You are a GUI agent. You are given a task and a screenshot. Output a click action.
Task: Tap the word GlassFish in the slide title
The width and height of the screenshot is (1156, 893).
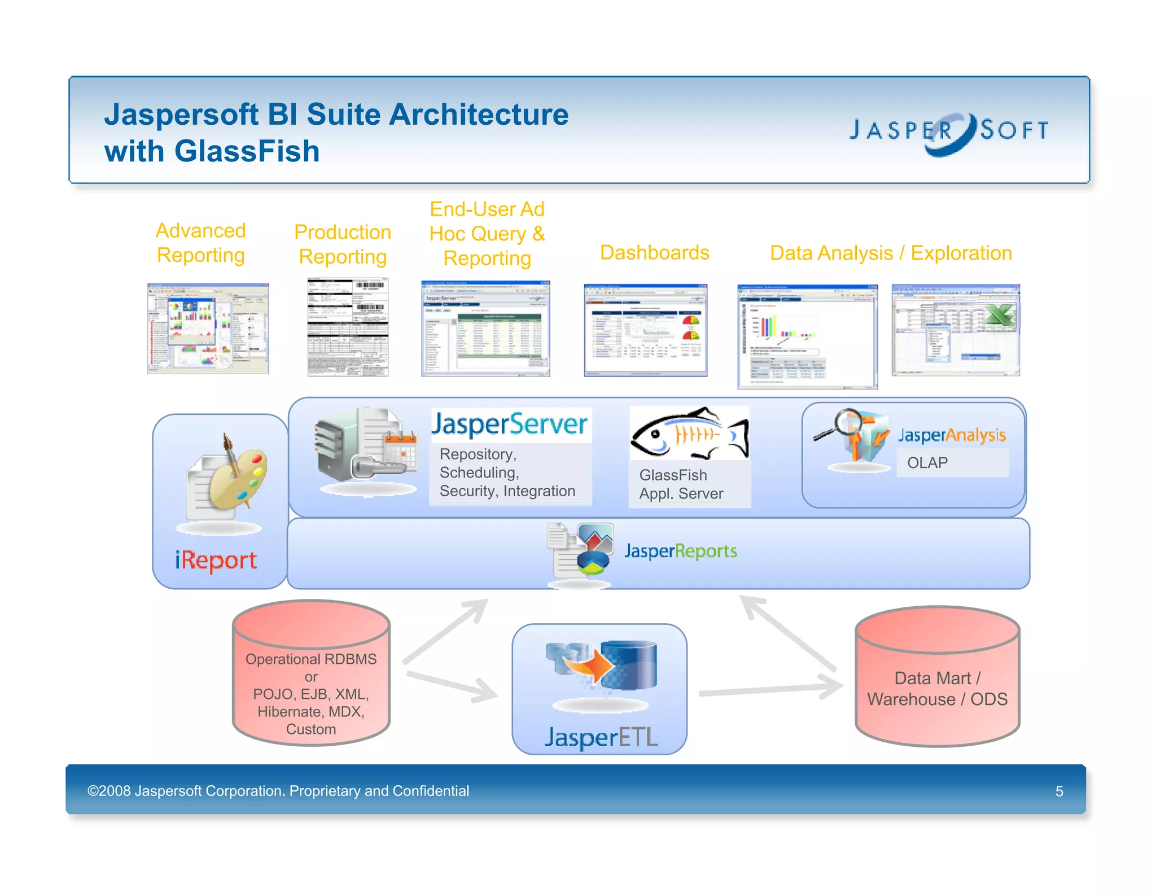247,151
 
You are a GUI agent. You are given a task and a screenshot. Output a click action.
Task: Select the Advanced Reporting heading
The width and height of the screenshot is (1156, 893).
200,243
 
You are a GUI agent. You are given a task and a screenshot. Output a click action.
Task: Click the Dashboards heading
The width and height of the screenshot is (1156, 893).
654,252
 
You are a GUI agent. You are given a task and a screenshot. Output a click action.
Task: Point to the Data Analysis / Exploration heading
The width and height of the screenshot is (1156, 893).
890,253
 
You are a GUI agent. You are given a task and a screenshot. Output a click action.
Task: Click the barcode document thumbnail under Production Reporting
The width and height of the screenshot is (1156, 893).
348,327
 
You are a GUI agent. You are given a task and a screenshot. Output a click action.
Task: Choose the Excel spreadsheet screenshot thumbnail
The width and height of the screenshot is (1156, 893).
955,330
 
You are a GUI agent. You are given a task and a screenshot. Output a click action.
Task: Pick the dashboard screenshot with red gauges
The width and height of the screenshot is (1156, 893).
645,330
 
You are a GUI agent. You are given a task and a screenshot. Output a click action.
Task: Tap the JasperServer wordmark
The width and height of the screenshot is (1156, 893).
510,424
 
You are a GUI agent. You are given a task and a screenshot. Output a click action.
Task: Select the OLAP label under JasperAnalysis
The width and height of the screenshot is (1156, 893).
927,463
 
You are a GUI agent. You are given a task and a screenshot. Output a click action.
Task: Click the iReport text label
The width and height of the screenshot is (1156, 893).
216,561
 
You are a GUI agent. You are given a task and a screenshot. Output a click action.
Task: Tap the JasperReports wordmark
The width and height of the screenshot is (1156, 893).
680,551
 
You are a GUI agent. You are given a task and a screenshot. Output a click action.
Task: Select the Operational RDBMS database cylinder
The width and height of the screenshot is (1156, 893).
311,672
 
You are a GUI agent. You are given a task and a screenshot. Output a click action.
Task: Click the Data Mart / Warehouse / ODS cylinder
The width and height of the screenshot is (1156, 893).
937,677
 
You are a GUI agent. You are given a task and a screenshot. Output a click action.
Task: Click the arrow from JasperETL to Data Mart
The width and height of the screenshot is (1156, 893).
771,689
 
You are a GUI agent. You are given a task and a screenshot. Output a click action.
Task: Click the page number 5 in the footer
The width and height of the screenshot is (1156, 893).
1059,791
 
